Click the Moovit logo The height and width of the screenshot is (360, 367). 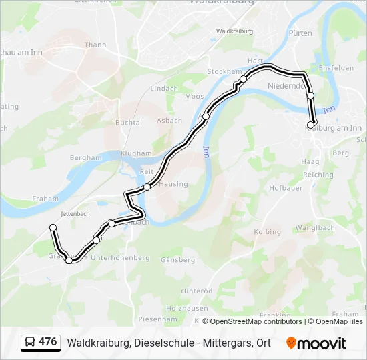[x=316, y=343]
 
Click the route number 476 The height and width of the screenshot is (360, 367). [x=48, y=342]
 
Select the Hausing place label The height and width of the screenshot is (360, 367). [x=173, y=184]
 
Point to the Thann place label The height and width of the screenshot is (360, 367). [x=95, y=45]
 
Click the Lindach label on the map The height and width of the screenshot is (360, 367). [x=164, y=88]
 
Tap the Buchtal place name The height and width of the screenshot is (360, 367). [x=129, y=123]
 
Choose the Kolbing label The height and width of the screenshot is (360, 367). [x=268, y=231]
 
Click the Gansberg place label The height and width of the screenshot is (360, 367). [x=177, y=259]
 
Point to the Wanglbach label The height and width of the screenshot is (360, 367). [x=316, y=227]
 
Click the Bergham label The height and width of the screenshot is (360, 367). [x=86, y=158]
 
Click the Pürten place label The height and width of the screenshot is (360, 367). [x=300, y=33]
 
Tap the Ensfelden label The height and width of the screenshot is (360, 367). [x=336, y=68]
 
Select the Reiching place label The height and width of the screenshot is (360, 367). [x=318, y=175]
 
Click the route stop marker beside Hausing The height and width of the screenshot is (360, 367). [x=147, y=187]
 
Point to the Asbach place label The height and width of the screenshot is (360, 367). [x=169, y=121]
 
